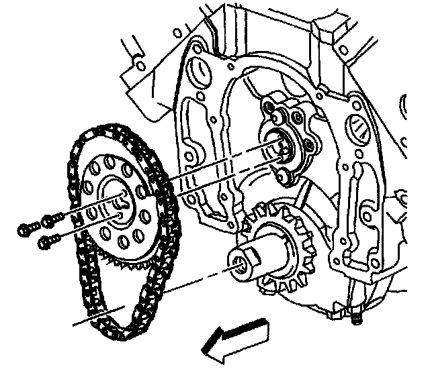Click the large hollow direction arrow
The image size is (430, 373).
(x=235, y=337)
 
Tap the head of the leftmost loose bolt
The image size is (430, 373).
(x=24, y=230)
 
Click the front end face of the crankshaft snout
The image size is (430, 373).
(x=240, y=261)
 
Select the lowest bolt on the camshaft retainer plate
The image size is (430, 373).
(x=285, y=176)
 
